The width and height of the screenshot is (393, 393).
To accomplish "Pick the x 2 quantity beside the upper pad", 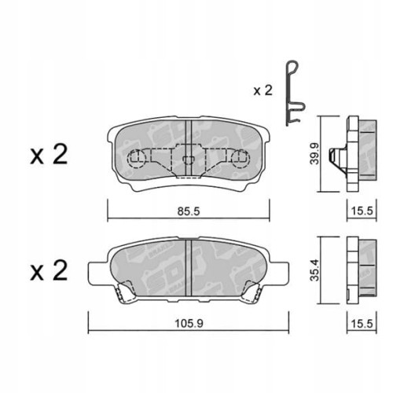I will (49, 156).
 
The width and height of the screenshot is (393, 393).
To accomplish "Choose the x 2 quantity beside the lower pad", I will (49, 271).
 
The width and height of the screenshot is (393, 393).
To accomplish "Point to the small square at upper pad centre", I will (188, 160).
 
